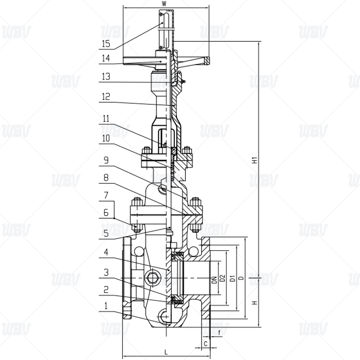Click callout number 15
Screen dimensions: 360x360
pos(106,43)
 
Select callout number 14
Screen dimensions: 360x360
pos(106,58)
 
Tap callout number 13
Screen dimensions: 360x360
pos(106,76)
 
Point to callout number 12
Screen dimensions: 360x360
pos(106,97)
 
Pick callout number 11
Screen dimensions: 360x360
pos(106,118)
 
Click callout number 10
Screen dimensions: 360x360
pos(106,138)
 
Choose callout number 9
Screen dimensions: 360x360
pos(106,160)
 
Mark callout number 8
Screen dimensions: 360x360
pos(106,177)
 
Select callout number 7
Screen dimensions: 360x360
pos(106,195)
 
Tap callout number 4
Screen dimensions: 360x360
pos(106,252)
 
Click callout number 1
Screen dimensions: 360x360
pos(106,306)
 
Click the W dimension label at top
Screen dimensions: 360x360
pos(164,4)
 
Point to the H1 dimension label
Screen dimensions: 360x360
pos(254,160)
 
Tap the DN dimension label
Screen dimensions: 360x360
pos(214,280)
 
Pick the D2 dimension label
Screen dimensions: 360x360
pos(222,278)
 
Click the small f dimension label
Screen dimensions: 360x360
pos(219,333)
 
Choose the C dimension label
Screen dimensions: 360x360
pos(206,344)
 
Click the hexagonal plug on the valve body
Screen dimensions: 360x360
pos(152,278)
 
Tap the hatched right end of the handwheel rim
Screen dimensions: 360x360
pos(207,61)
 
